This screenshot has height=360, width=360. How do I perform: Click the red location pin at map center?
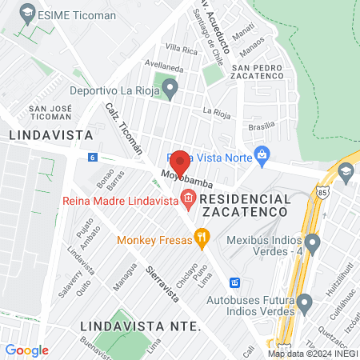pyautogui.click(x=180, y=162)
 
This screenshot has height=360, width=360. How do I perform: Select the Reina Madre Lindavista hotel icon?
pyautogui.click(x=188, y=198)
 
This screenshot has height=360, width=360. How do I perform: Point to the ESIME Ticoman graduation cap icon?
pyautogui.click(x=28, y=14)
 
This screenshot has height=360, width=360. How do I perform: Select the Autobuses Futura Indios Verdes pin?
pyautogui.click(x=305, y=303)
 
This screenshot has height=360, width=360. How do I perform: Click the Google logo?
pyautogui.click(x=26, y=350)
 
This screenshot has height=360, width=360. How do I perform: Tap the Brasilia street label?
pyautogui.click(x=262, y=126)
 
